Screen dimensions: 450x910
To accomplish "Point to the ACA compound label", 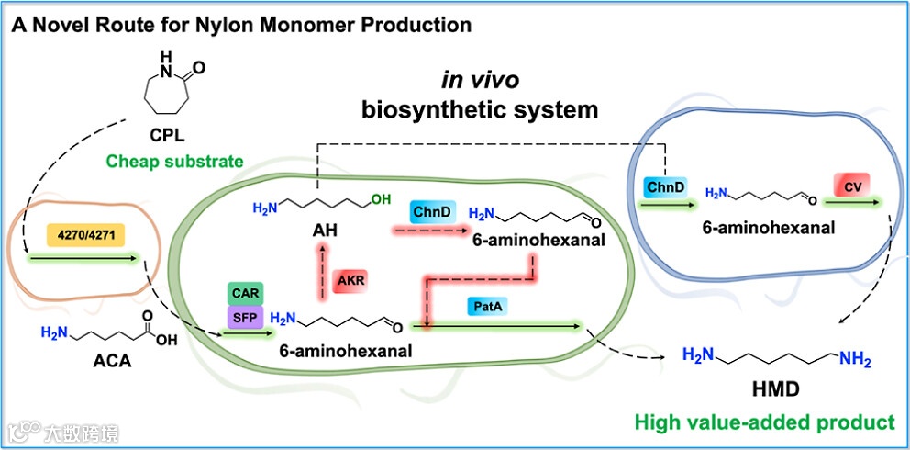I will (112, 361).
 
